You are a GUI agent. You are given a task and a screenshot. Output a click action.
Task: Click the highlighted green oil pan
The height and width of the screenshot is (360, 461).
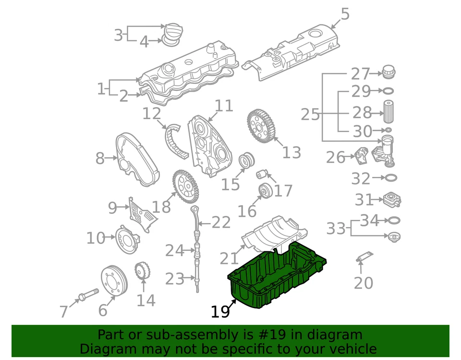276,279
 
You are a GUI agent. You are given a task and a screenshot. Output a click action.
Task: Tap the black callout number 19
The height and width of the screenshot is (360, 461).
220,312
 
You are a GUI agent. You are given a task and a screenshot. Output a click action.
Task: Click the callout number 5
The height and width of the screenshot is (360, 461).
345,14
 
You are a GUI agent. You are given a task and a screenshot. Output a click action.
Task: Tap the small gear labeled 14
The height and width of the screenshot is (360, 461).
141,271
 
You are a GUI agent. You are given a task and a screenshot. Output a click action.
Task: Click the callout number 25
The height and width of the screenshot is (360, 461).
310,115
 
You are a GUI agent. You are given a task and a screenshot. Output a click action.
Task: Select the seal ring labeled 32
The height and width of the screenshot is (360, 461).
391,178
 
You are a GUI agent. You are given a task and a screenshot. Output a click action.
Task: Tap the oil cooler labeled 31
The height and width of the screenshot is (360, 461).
391,199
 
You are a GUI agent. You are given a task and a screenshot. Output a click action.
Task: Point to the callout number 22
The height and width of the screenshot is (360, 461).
221,223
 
